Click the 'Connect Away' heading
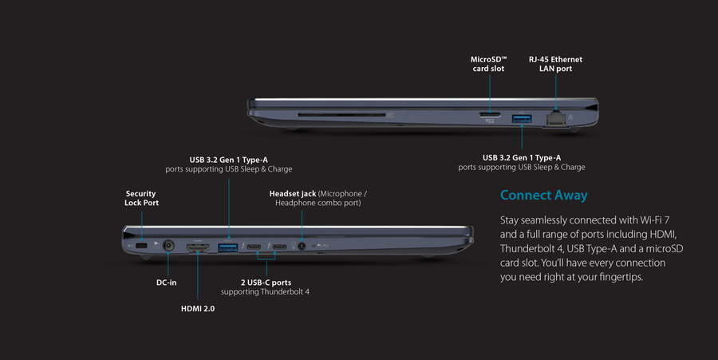543,195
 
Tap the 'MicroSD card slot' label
488,64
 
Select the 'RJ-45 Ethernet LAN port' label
555,64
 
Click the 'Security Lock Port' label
141,198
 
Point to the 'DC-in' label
166,283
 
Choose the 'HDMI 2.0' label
198,309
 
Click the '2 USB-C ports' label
266,283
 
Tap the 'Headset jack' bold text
293,194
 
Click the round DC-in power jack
168,246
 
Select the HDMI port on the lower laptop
198,247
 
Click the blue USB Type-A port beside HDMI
227,247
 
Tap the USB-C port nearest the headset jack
279,247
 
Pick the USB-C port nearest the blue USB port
254,247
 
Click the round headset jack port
302,246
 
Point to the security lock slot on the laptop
141,246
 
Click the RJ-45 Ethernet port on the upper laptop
556,119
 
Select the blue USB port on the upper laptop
522,119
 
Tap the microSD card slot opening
490,114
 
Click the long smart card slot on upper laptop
341,115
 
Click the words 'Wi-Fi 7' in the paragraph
655,220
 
